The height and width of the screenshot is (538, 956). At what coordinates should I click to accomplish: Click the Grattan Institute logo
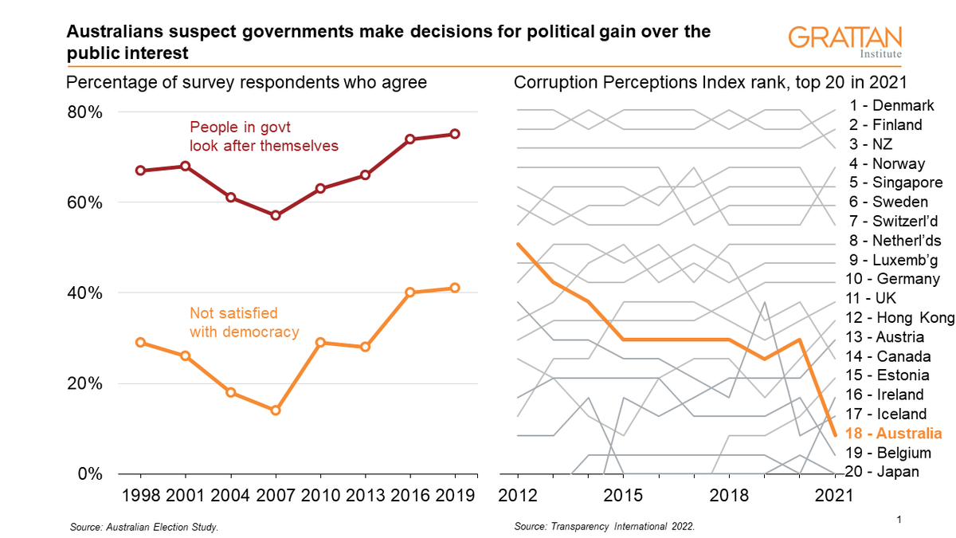click(x=845, y=42)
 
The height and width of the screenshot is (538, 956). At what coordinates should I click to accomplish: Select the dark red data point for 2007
click(x=276, y=215)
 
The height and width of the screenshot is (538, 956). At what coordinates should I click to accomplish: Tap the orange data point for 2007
click(x=276, y=410)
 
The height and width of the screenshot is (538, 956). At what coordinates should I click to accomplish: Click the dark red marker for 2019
click(x=455, y=134)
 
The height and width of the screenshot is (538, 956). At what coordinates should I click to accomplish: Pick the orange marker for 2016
click(x=410, y=293)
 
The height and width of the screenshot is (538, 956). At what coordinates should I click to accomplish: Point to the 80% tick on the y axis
click(x=84, y=112)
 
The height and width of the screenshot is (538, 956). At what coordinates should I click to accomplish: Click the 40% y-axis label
click(x=84, y=293)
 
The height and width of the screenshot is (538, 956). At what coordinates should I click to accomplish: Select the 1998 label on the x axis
click(x=142, y=495)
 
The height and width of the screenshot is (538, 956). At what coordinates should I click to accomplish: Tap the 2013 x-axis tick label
click(x=366, y=495)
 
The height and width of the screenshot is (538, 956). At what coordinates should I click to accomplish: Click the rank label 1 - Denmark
click(x=891, y=105)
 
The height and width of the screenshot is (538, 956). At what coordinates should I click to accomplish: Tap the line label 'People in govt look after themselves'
click(x=264, y=135)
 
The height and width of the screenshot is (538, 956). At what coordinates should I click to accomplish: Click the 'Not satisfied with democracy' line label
click(x=244, y=322)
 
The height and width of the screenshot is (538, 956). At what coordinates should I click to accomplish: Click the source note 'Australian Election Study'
click(x=144, y=528)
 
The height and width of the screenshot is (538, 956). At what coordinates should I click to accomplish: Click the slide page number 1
click(x=898, y=520)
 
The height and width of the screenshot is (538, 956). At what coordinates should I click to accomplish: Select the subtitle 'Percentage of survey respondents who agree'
click(x=246, y=83)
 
